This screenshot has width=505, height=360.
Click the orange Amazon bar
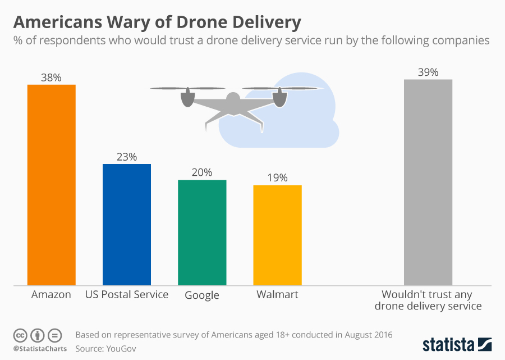[52, 185]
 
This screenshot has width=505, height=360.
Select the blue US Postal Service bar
[127, 225]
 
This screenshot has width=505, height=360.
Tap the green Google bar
[202, 233]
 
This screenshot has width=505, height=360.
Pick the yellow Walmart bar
[277, 235]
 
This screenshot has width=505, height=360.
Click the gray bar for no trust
[428, 183]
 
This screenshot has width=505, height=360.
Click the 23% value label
[126, 157]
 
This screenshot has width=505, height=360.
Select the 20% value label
[201, 173]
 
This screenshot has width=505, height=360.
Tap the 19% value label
[277, 178]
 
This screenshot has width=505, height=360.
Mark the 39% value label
[428, 72]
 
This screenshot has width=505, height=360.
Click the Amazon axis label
[51, 295]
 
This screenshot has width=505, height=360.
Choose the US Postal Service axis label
[127, 295]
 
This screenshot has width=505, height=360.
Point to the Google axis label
[202, 295]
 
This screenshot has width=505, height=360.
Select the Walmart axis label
[277, 295]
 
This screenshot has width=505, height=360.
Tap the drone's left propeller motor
[187, 99]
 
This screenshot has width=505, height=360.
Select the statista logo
[457, 343]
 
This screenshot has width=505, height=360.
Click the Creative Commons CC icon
[20, 335]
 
